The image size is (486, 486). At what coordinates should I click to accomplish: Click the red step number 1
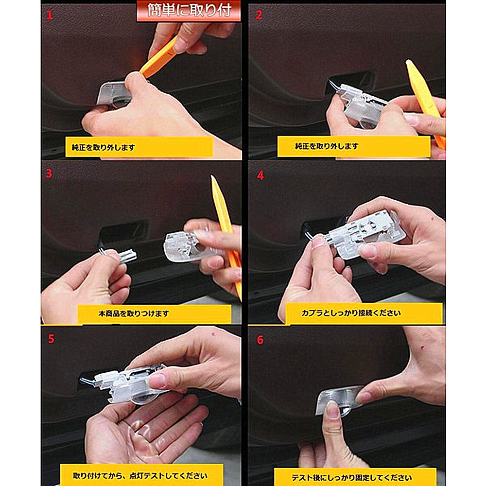[x=50, y=15]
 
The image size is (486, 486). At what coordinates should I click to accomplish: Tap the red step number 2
[x=259, y=15]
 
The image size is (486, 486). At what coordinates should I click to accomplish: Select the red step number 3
[x=49, y=174]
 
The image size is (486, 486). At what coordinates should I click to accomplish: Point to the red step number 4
[x=260, y=175]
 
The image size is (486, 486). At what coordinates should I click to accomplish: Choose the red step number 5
[x=51, y=339]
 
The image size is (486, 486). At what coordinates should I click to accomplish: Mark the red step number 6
[x=260, y=340]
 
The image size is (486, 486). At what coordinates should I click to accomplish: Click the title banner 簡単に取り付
[x=189, y=11]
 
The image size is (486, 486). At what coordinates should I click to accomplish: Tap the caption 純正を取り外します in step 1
[x=104, y=147]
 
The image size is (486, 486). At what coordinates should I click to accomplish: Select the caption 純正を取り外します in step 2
[x=327, y=146]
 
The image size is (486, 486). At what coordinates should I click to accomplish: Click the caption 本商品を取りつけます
[x=134, y=313]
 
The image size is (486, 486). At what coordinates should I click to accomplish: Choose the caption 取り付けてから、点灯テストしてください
[x=140, y=475]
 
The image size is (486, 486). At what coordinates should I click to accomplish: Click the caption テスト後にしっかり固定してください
[x=352, y=478]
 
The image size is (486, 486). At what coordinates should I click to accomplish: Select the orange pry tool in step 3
[x=226, y=236]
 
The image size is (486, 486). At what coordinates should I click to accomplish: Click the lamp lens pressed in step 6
[x=339, y=401]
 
